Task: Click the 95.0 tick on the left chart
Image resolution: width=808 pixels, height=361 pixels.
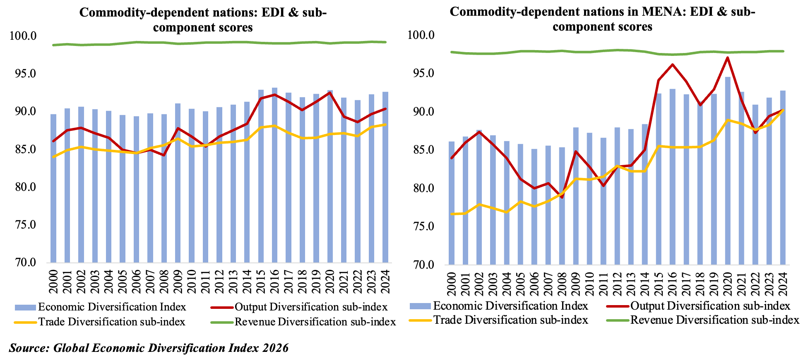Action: [x=23, y=74]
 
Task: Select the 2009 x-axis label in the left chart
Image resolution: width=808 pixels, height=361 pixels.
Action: [x=178, y=282]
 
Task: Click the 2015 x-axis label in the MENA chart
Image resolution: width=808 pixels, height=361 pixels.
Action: [x=659, y=284]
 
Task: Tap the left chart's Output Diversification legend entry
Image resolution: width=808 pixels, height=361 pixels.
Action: [x=311, y=307]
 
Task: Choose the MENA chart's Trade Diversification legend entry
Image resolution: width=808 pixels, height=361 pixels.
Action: [x=510, y=320]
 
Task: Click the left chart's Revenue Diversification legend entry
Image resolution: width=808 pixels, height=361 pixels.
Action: [x=315, y=322]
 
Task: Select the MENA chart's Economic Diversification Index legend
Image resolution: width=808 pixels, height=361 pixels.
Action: [x=510, y=306]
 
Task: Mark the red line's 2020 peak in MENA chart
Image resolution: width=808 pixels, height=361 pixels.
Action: [x=728, y=58]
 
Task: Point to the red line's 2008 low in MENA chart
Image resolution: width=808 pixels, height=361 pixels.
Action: [x=562, y=197]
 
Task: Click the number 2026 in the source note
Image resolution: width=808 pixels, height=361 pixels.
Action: [x=275, y=348]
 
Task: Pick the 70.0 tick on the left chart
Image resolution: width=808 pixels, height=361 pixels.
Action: [x=23, y=263]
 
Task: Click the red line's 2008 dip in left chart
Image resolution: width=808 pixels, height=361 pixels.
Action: [x=164, y=155]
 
